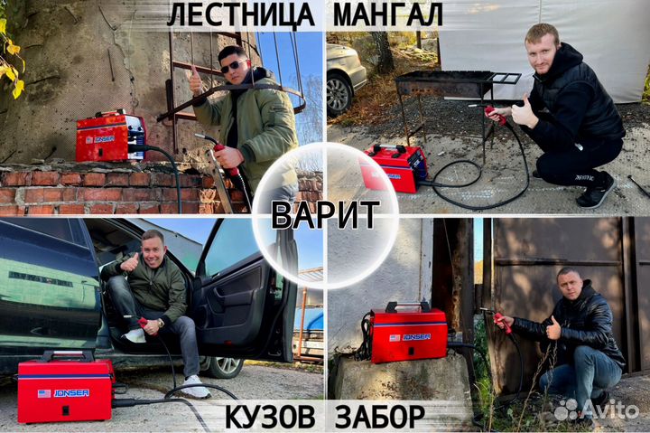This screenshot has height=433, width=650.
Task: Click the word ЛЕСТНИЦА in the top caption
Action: click(x=240, y=14)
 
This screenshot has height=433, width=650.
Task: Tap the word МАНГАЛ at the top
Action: click(x=388, y=14)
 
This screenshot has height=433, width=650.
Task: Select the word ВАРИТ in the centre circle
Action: click(x=325, y=214)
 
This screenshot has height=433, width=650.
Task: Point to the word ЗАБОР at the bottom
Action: click(x=379, y=418)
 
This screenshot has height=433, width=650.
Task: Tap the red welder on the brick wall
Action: click(x=109, y=137)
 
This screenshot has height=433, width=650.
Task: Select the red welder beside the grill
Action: click(x=395, y=167)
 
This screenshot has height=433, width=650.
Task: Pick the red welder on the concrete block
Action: click(x=408, y=334)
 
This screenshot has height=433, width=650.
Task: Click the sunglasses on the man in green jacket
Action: click(x=233, y=66)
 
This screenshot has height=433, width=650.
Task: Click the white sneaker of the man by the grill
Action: click(x=596, y=191)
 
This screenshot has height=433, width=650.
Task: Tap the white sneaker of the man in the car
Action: click(x=194, y=387)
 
